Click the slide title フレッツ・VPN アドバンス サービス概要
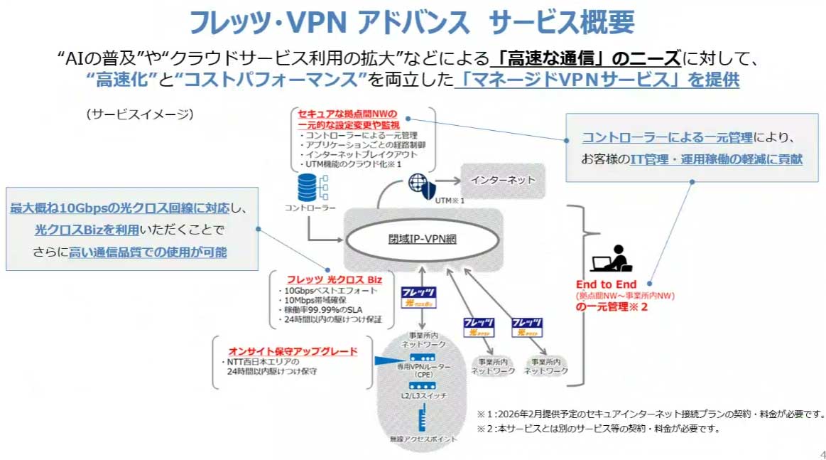point(412,23)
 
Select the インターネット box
point(503,180)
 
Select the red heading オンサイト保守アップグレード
point(293,351)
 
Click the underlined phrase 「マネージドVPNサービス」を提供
point(597,80)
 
